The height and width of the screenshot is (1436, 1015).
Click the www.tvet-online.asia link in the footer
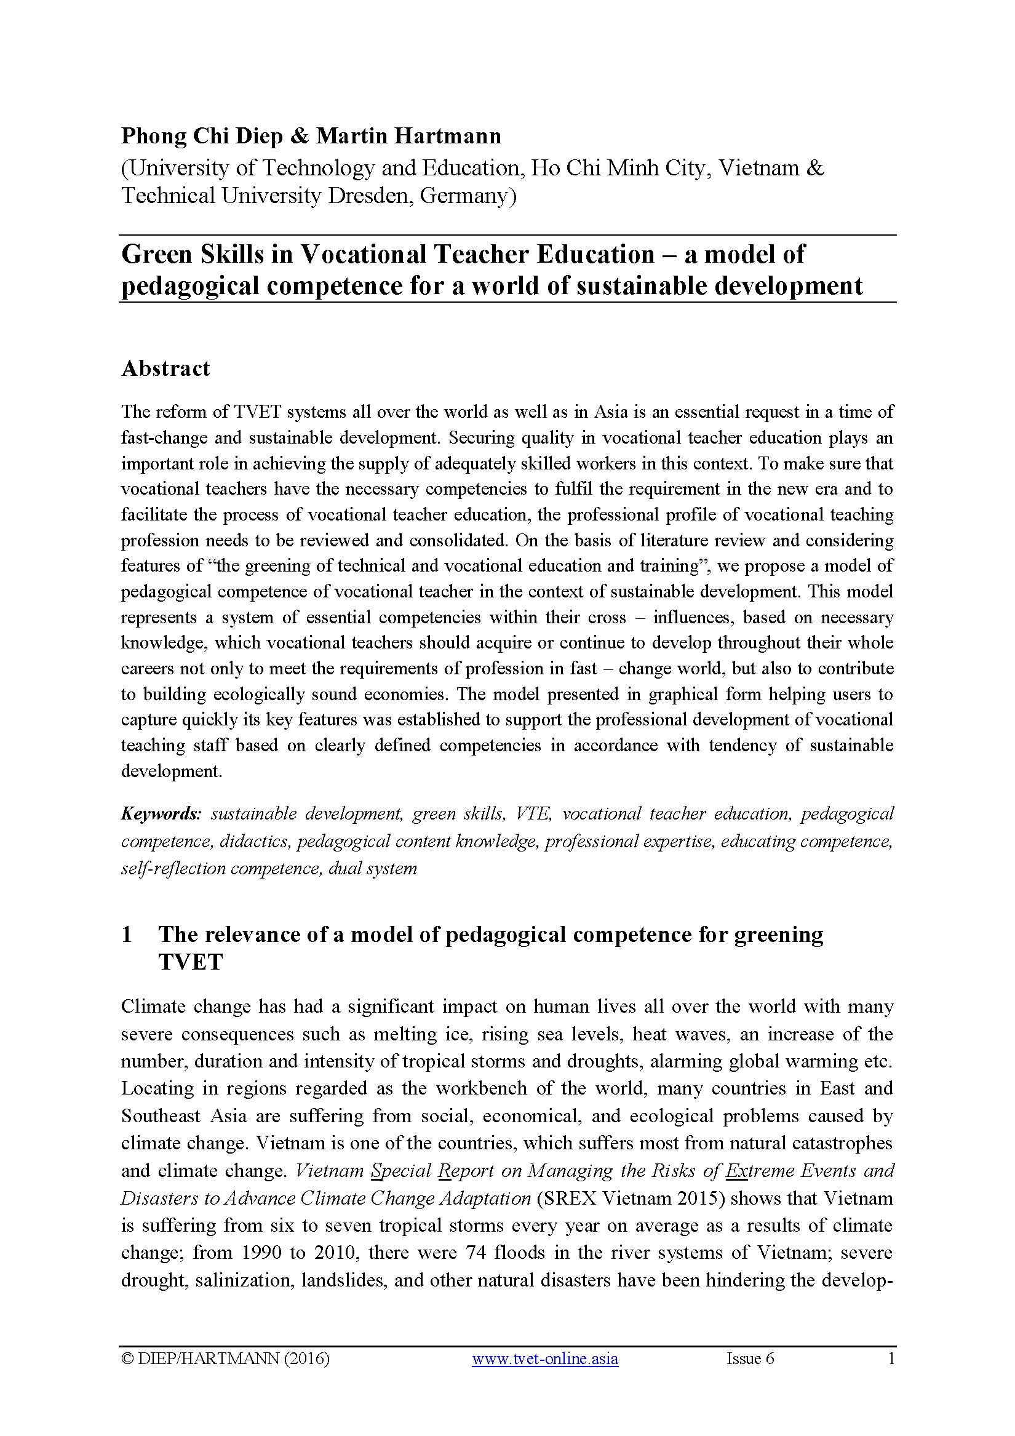click(x=544, y=1358)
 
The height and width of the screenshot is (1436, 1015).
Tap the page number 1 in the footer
click(x=891, y=1358)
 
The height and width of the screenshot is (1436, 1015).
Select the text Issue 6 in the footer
click(x=750, y=1358)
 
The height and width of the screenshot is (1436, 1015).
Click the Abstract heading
click(x=165, y=369)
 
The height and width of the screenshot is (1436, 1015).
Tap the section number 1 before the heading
click(x=127, y=935)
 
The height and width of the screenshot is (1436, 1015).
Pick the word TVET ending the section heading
click(x=190, y=962)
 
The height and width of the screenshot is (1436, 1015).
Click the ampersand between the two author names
click(x=300, y=136)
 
